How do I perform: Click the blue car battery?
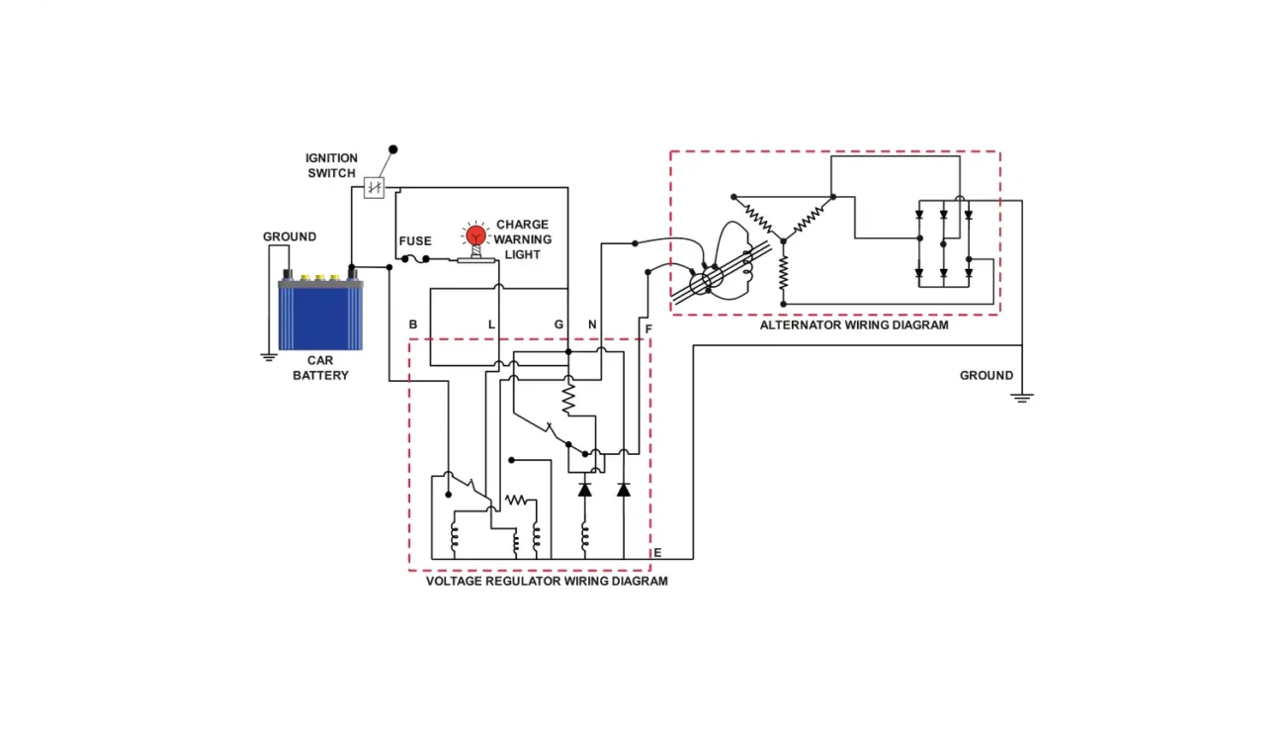point(320,315)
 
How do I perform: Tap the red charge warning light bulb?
point(476,235)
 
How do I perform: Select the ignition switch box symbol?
point(374,188)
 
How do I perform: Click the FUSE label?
point(415,241)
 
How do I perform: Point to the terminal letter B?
point(413,324)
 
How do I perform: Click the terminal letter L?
point(491,324)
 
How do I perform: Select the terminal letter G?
point(558,324)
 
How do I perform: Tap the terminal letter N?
point(592,324)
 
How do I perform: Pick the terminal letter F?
point(648,327)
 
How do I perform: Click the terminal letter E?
point(657,552)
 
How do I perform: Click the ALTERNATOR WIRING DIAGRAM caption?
point(854,324)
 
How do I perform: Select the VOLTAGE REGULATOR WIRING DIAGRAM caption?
point(547,581)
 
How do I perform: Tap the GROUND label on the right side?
point(986,376)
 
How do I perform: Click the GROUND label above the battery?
point(290,237)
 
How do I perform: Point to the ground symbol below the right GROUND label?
point(1022,398)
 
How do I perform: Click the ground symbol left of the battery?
point(268,357)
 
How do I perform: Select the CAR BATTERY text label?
point(320,368)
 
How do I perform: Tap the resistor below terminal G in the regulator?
point(568,400)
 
